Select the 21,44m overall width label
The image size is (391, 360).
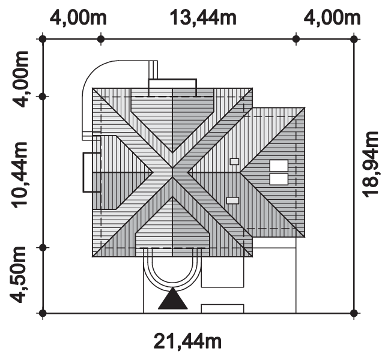pos(187,342)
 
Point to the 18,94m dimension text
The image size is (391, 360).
pos(371,164)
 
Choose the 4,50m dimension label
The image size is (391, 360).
pos(17,275)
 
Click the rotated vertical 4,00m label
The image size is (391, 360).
pos(20,79)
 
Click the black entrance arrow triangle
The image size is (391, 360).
pos(173,298)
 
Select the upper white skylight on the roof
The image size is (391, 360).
pos(279,166)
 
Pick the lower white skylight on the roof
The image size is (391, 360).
pos(279,179)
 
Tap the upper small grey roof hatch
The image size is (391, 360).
pos(234,161)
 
